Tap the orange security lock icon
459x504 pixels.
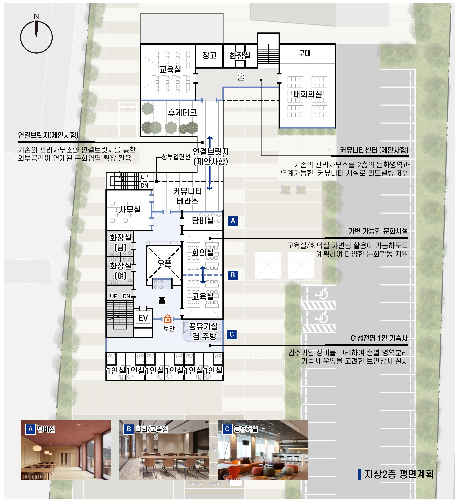coord(167,319)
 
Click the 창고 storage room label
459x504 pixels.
coord(209,55)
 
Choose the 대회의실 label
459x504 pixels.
coord(308,94)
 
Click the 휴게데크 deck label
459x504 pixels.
coord(182,113)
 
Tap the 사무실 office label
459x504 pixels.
coord(130,210)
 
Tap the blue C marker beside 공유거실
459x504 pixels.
coord(232,334)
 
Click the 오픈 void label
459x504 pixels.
coord(164,263)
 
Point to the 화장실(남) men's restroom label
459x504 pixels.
coord(120,243)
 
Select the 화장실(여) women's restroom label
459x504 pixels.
coord(120,271)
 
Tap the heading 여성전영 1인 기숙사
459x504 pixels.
coord(379,338)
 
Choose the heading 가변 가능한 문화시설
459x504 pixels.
coord(378,231)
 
